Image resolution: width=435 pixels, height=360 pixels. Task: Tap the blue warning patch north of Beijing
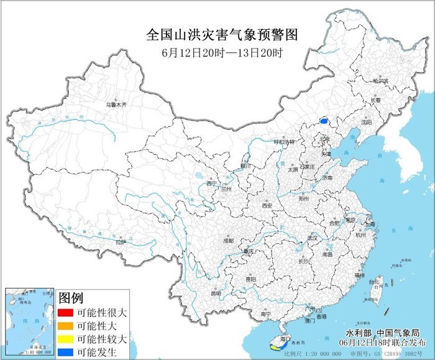pyautogui.click(x=324, y=120)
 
